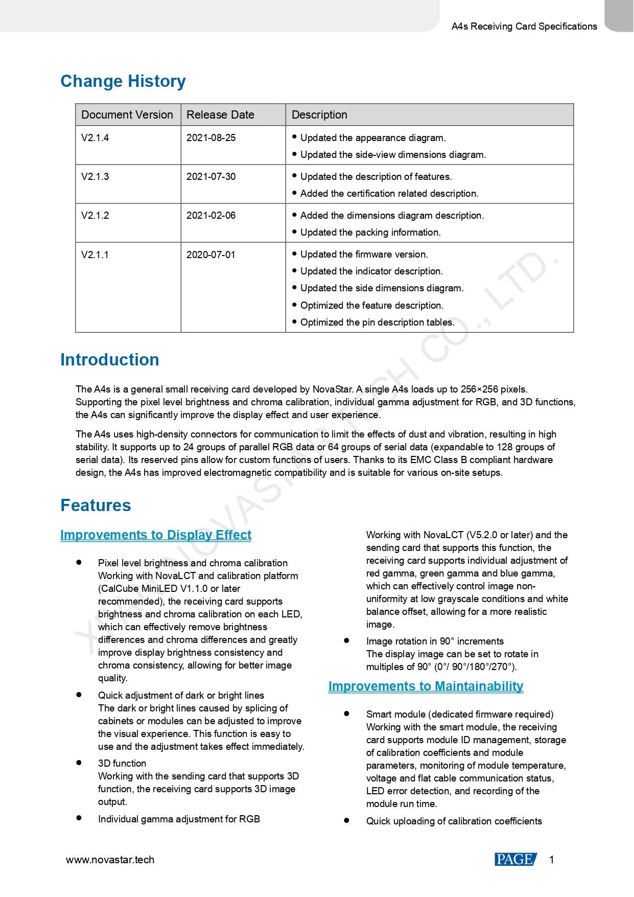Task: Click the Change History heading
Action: (x=123, y=81)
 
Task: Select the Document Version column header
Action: (x=127, y=115)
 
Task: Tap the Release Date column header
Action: (x=220, y=115)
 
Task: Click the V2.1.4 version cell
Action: (x=95, y=138)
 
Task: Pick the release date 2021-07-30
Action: (x=211, y=177)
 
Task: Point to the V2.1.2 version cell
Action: (x=95, y=216)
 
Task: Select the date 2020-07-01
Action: (x=211, y=255)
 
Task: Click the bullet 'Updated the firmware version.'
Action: (x=364, y=255)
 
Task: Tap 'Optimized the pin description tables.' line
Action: (x=377, y=323)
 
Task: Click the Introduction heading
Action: (x=109, y=360)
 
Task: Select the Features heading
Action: (x=96, y=505)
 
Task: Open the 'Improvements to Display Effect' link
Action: (x=156, y=535)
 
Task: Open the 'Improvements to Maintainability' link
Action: (x=426, y=686)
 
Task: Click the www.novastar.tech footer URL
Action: (x=110, y=860)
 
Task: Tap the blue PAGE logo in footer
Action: (x=515, y=860)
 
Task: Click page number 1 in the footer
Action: (x=552, y=860)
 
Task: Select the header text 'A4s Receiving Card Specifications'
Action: (x=524, y=27)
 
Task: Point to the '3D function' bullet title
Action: (x=122, y=764)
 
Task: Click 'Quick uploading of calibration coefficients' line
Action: (x=454, y=821)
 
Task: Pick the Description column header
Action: (x=319, y=115)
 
